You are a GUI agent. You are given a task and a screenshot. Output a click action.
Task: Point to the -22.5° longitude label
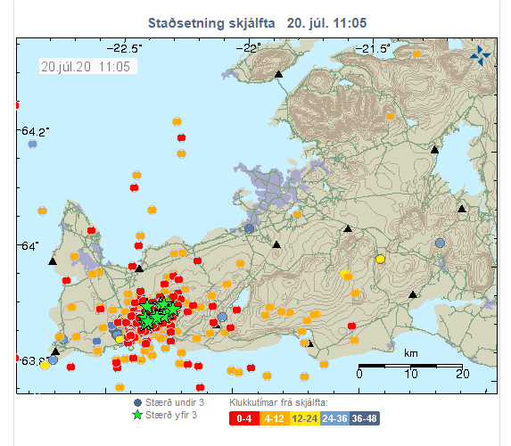tap(124, 47)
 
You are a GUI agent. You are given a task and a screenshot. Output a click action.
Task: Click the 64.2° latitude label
tap(33, 131)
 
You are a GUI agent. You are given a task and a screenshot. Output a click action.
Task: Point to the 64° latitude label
tap(29, 245)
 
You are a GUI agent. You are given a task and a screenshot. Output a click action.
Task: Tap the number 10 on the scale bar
tap(410, 375)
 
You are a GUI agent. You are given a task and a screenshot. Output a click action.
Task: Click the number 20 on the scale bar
tap(462, 375)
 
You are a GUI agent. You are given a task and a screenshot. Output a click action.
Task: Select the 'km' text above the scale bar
tap(410, 353)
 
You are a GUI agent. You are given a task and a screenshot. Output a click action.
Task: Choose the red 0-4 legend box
tap(243, 417)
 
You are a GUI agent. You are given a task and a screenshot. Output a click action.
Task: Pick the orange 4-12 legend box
tap(272, 417)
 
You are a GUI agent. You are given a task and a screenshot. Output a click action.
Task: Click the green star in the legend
tap(137, 415)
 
